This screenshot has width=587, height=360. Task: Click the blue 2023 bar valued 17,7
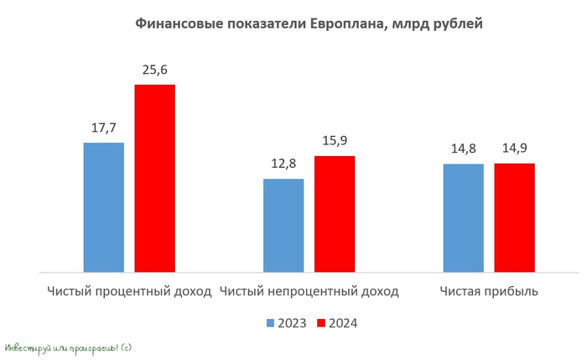click(x=104, y=207)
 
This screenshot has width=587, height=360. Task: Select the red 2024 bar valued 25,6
click(x=154, y=178)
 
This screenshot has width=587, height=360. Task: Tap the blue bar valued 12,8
click(x=283, y=225)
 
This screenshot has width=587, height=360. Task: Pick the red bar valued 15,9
click(x=335, y=214)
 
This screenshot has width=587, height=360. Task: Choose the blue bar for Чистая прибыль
click(x=463, y=217)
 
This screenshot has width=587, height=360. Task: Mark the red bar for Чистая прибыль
click(x=514, y=217)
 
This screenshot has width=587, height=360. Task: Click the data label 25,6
click(x=155, y=70)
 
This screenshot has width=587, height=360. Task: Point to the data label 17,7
click(x=104, y=128)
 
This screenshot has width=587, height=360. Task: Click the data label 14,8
click(x=463, y=149)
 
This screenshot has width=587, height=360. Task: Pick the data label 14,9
click(x=514, y=149)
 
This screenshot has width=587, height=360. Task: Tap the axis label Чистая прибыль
click(x=488, y=291)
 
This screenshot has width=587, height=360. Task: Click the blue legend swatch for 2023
click(x=271, y=323)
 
